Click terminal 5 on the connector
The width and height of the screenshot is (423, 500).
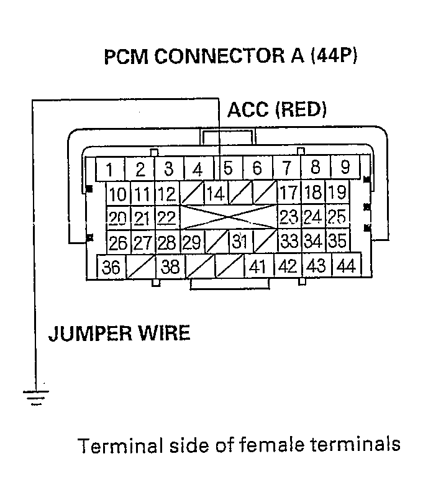[x=229, y=168]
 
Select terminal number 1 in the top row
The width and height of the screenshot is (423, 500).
[x=109, y=169]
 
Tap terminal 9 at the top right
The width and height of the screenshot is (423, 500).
[x=345, y=168]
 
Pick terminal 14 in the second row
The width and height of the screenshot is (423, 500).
[x=216, y=193]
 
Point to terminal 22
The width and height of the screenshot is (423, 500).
[x=166, y=217]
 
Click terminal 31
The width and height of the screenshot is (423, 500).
[x=240, y=241]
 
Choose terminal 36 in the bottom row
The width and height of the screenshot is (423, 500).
[x=112, y=267]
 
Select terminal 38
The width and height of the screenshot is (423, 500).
[x=170, y=267]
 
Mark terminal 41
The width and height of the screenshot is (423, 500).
[x=258, y=267]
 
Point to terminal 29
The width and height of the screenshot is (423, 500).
[x=192, y=242]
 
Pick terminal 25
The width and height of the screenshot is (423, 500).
[x=336, y=217]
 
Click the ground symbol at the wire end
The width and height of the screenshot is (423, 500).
[x=35, y=396]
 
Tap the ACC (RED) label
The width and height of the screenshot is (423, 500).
[x=277, y=110]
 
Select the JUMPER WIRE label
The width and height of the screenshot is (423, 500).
[x=119, y=334]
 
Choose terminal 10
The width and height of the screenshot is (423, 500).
[x=117, y=193]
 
